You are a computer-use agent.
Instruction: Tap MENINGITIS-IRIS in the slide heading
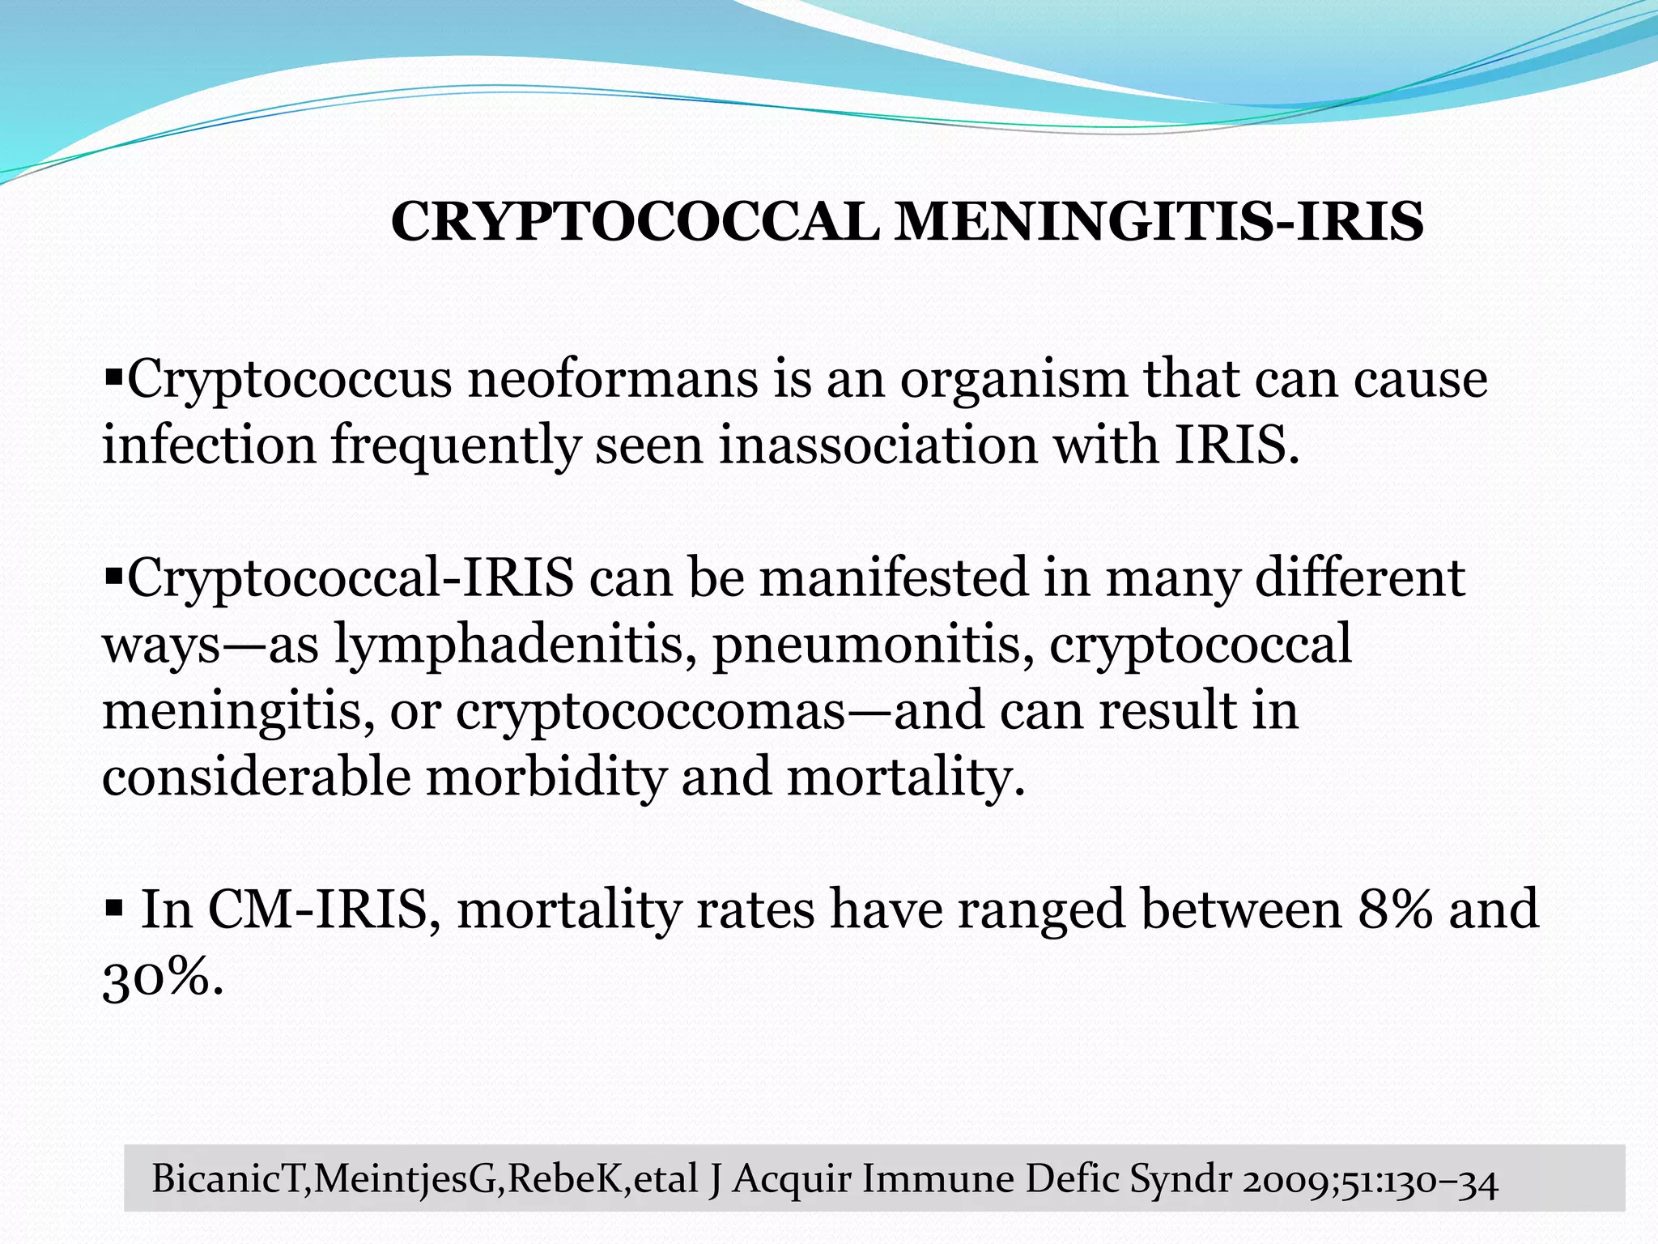point(1158,222)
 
